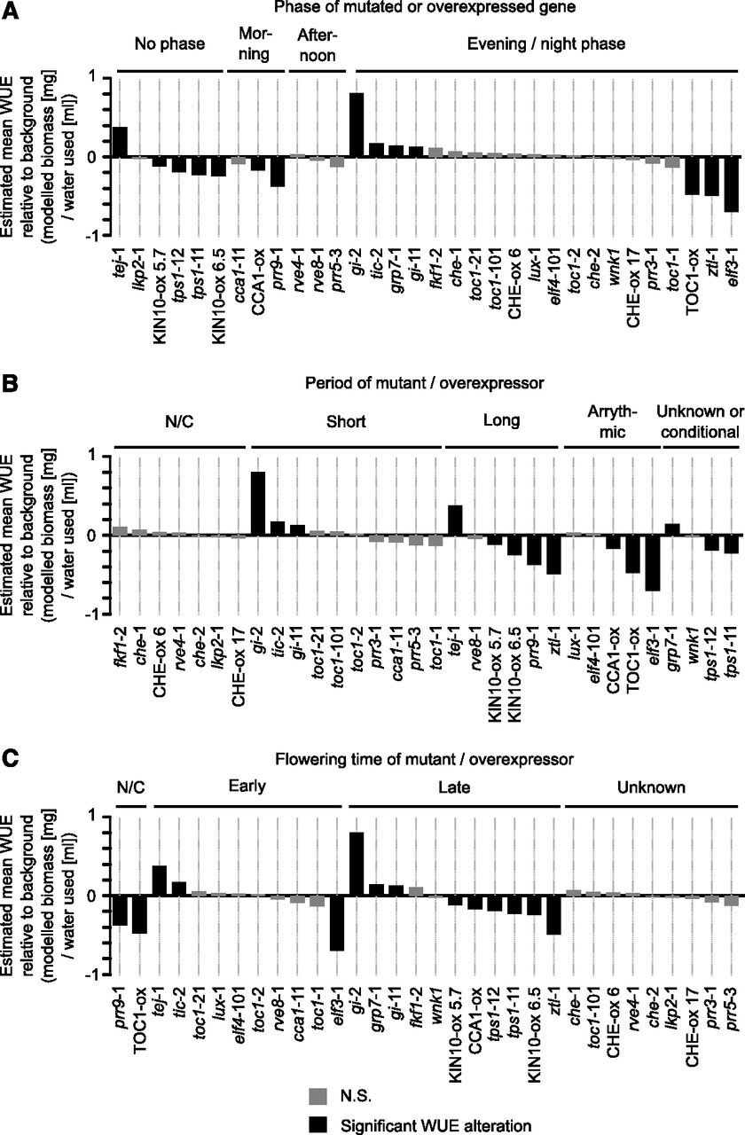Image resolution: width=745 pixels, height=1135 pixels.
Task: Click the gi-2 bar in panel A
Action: (357, 125)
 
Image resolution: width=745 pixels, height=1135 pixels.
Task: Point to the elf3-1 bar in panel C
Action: (337, 923)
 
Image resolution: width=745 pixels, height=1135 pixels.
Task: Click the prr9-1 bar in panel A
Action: (278, 172)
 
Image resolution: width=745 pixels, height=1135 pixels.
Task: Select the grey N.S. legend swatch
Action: (318, 1092)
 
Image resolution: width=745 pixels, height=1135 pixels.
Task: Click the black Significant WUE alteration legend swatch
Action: (318, 1123)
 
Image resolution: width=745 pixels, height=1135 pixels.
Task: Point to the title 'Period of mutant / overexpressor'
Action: (424, 383)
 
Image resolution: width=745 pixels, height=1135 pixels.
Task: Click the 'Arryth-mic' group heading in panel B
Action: (612, 421)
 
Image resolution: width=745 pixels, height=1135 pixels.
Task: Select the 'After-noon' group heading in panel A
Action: (318, 44)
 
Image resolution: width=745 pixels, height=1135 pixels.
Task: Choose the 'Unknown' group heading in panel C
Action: (651, 787)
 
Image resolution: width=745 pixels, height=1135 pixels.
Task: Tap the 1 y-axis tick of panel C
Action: (106, 817)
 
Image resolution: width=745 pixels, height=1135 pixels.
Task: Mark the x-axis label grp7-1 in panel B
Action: (671, 648)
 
